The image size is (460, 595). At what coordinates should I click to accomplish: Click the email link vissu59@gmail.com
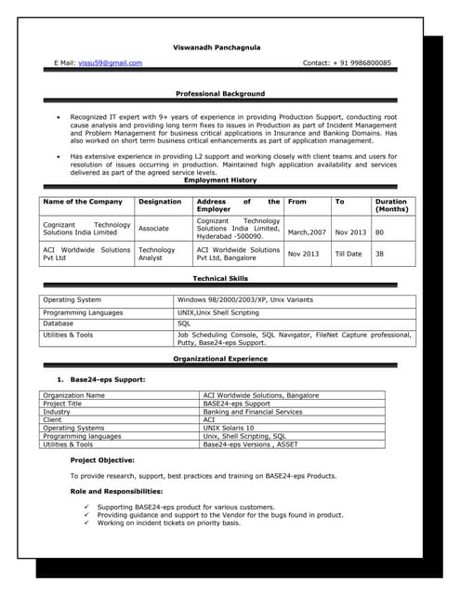110,63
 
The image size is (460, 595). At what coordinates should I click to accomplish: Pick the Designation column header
160,201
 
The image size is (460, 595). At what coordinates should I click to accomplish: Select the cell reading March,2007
307,231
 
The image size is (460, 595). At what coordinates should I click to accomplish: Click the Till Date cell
349,254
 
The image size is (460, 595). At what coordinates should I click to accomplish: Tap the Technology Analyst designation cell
156,254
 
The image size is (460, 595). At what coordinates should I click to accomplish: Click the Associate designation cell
153,227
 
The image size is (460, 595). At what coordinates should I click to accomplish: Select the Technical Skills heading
220,278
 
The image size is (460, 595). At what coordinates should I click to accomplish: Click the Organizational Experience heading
220,358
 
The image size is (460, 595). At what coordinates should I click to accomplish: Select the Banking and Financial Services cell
252,411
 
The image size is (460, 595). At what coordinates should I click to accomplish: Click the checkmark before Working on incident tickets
86,522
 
